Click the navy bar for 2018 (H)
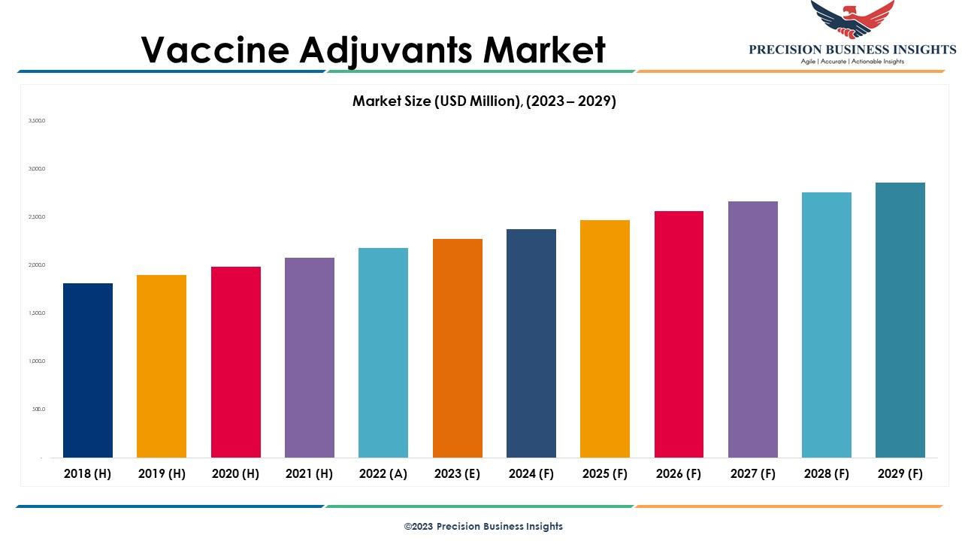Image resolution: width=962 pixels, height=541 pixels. click(x=88, y=370)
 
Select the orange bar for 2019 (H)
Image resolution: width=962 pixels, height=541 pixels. click(x=162, y=366)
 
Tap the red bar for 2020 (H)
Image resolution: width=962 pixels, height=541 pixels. click(x=236, y=362)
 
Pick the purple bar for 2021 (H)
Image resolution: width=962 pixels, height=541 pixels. click(x=310, y=358)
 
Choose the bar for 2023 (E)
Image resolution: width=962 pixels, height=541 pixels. click(x=458, y=348)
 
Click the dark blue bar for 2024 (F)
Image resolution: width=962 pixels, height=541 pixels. click(x=531, y=343)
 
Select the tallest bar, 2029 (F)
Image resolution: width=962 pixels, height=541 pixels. click(x=900, y=320)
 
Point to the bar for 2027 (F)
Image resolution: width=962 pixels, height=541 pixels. click(x=753, y=329)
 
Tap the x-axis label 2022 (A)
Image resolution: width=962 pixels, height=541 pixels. click(x=383, y=473)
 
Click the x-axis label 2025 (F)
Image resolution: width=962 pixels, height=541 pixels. click(x=605, y=473)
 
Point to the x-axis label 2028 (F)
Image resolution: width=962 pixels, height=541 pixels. click(x=827, y=473)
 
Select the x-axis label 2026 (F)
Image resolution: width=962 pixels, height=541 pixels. click(x=679, y=473)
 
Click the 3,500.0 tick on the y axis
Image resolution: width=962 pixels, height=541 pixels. click(x=37, y=121)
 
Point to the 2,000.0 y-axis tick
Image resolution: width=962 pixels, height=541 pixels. click(x=37, y=265)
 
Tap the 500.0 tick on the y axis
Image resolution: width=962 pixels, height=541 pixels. click(x=38, y=410)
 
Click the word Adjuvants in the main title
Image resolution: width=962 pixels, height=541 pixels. click(x=386, y=50)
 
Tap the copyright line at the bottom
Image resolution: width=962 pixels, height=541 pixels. click(x=483, y=527)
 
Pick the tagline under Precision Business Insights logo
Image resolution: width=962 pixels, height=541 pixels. click(x=852, y=62)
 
